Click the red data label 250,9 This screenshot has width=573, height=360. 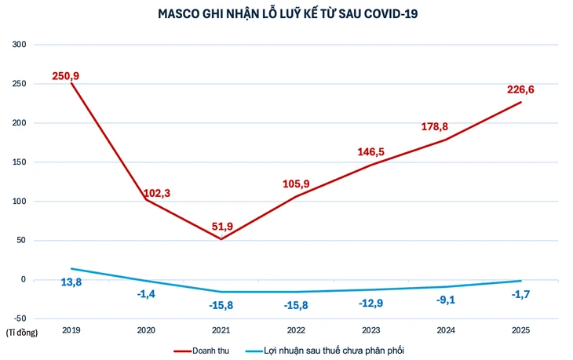pyautogui.click(x=66, y=75)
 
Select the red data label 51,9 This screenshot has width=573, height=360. pyautogui.click(x=222, y=227)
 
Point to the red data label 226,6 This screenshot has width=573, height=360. pyautogui.click(x=520, y=90)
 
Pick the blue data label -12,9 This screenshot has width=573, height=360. pyautogui.click(x=371, y=303)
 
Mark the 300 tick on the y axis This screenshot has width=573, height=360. pyautogui.click(x=20, y=45)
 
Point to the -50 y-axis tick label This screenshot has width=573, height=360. pyautogui.click(x=19, y=318)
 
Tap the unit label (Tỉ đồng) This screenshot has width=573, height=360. pyautogui.click(x=21, y=332)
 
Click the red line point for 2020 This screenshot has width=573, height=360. pyautogui.click(x=147, y=200)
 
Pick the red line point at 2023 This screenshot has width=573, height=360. pyautogui.click(x=371, y=165)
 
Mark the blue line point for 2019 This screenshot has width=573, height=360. pyautogui.click(x=71, y=269)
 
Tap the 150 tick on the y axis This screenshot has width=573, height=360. pyautogui.click(x=20, y=162)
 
